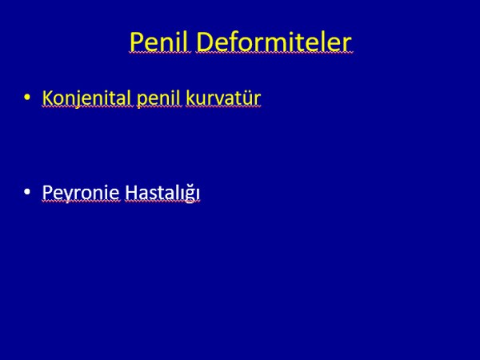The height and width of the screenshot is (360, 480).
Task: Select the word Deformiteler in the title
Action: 274,42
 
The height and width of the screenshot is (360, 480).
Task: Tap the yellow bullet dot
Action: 27,97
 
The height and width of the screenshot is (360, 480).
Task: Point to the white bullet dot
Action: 27,192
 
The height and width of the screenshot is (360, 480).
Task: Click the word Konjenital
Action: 88,98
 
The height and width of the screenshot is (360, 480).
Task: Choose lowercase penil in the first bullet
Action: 159,98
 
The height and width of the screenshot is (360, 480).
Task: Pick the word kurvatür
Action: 223,98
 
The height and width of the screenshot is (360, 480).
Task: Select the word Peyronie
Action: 81,193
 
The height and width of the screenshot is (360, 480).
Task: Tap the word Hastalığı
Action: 162,193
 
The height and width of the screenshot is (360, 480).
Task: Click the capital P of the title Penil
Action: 137,42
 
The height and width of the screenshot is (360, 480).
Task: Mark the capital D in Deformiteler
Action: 206,42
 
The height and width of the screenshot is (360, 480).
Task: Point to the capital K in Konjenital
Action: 48,98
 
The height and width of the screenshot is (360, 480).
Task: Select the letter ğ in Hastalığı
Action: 189,194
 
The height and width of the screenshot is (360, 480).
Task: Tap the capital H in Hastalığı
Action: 131,193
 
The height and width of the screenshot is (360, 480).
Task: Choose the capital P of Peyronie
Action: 47,193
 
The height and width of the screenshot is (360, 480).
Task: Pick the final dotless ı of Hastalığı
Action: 198,194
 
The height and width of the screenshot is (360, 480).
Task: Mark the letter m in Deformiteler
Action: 279,45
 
